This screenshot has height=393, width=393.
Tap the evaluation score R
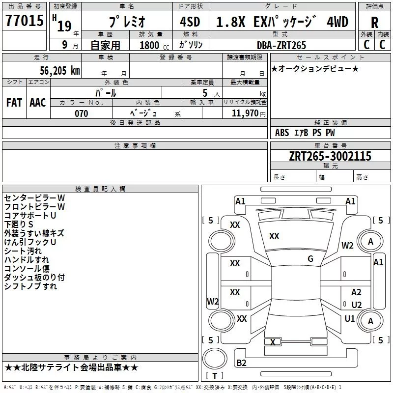tap(374, 23)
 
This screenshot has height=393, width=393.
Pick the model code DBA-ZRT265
tap(281, 45)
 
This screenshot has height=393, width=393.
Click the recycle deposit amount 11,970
tap(244, 113)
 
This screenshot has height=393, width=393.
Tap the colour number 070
tap(81, 113)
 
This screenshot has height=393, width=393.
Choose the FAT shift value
tap(14, 102)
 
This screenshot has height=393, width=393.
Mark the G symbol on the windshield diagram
tap(310, 259)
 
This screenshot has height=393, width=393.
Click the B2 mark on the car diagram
tap(241, 363)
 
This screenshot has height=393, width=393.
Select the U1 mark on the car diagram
tap(350, 318)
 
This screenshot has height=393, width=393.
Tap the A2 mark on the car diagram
tap(356, 292)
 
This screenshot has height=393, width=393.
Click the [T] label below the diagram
tap(214, 376)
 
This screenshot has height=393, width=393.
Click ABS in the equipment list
tap(282, 132)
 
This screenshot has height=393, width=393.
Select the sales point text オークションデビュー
tap(315, 68)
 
